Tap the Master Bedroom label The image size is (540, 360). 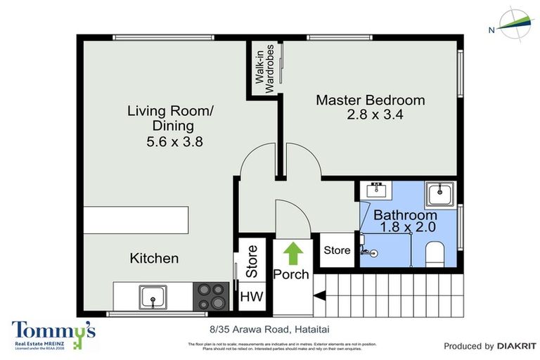tap(370, 100)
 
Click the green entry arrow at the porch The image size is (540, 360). tap(290, 252)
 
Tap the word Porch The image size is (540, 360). tap(290, 274)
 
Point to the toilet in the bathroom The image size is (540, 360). tap(437, 254)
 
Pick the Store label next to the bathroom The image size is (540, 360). tap(337, 250)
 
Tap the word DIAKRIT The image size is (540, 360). tap(517, 346)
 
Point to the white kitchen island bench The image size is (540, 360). tap(136, 219)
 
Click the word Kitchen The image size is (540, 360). tap(154, 258)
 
